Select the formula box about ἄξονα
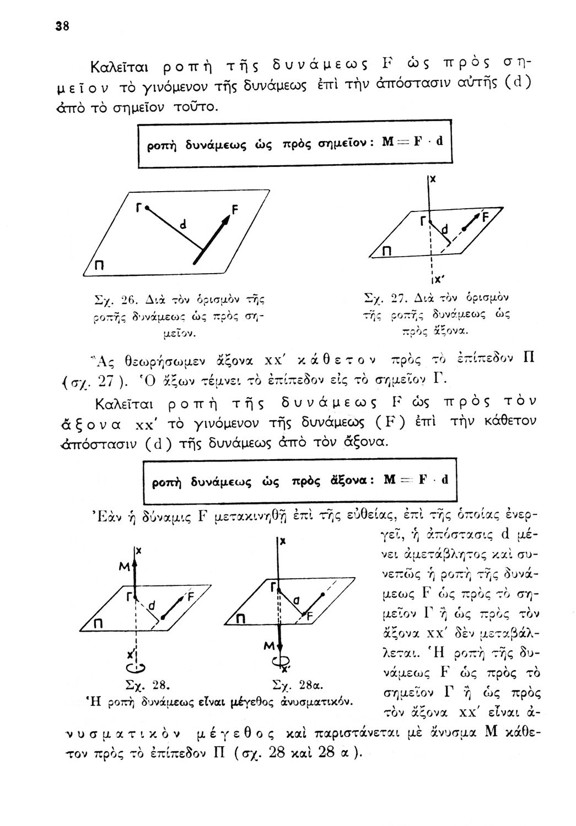[300, 480]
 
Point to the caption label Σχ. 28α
[297, 686]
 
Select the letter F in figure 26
[235, 210]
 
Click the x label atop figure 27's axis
[433, 180]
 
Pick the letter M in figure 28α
[268, 644]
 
